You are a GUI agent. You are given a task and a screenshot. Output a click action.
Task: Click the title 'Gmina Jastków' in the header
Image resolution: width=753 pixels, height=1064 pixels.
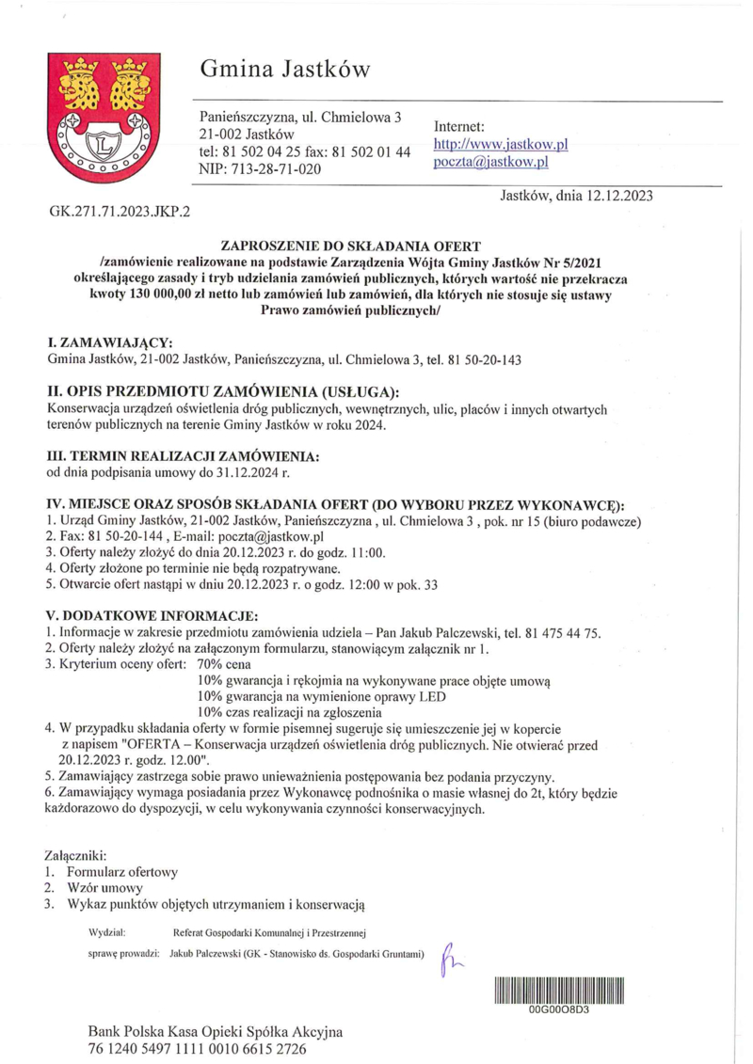point(284,69)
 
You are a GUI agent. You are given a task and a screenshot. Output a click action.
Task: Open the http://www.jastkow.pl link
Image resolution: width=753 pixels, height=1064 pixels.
point(500,145)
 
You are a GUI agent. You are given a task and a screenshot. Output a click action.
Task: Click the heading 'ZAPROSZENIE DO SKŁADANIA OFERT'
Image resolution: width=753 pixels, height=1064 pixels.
point(376,246)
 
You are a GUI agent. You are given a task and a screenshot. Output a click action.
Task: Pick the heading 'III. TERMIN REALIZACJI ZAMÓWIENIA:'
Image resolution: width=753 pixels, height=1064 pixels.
point(183,455)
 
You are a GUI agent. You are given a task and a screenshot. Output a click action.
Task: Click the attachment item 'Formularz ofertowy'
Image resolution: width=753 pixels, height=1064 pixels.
point(122,871)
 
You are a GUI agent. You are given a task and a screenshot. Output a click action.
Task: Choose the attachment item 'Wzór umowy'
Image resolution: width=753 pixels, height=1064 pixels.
point(104,888)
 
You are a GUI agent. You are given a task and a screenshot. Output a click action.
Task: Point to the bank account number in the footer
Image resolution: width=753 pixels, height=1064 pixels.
point(198,1048)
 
